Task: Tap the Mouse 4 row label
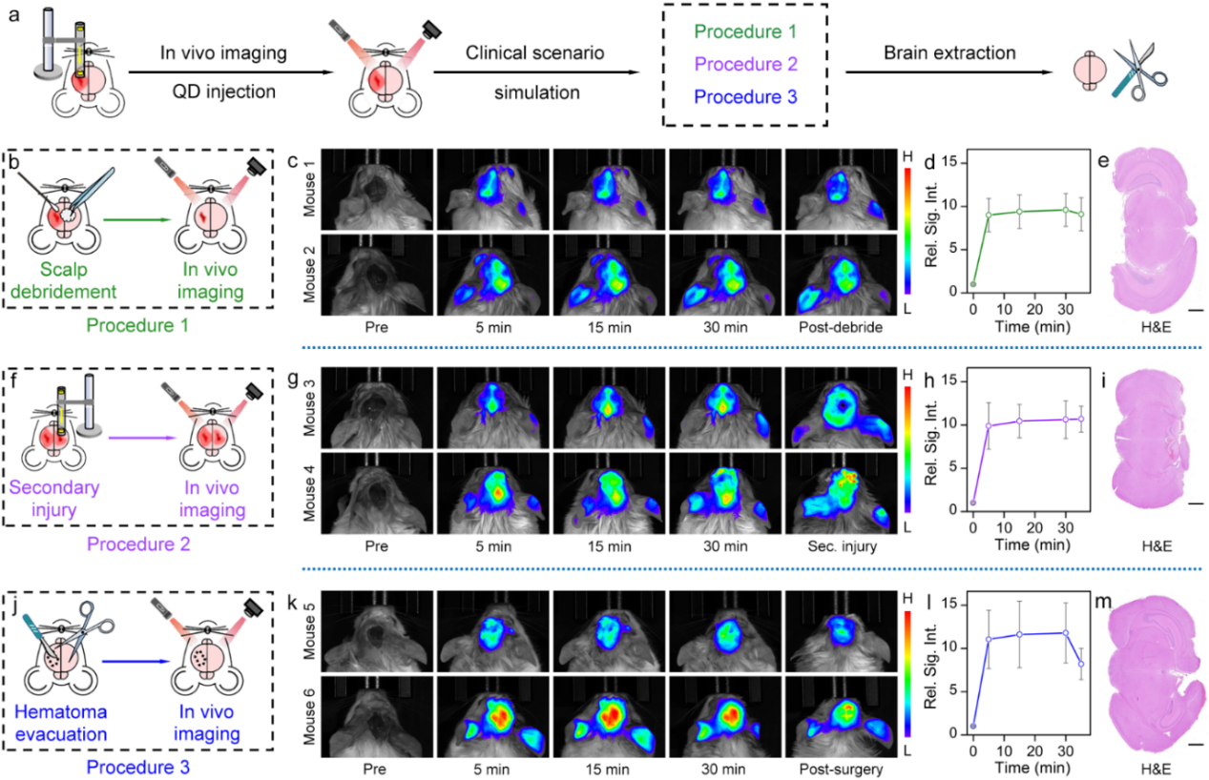click(311, 492)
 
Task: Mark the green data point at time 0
click(973, 284)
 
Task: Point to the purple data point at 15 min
click(1020, 421)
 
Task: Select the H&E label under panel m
click(1150, 764)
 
